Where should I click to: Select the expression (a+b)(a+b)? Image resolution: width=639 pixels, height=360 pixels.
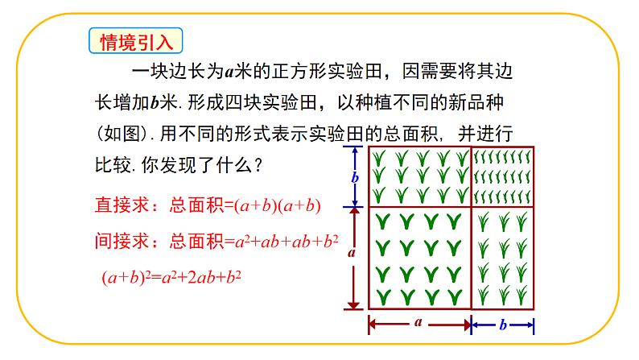[x=278, y=206]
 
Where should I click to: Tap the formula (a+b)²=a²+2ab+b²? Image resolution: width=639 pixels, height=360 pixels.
[x=172, y=277]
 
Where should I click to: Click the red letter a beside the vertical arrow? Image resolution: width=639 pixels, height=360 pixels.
[x=352, y=252]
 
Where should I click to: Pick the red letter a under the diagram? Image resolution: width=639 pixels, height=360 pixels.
[x=418, y=322]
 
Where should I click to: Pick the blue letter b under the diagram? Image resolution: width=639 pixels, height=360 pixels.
[x=502, y=324]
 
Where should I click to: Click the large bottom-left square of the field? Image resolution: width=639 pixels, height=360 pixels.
[x=419, y=258]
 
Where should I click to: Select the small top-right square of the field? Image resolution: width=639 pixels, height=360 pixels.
[x=502, y=176]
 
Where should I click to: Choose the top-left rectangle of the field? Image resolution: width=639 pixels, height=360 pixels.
[x=419, y=176]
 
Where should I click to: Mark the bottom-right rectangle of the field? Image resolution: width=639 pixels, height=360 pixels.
[x=502, y=258]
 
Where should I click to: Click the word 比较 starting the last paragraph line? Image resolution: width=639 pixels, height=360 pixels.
[x=113, y=166]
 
